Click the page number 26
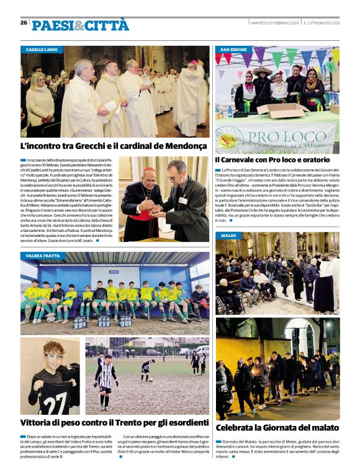point(24,23)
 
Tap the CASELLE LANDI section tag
point(42,49)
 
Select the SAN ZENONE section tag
point(233,49)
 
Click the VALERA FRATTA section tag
point(43,255)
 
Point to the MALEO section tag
point(228,236)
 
